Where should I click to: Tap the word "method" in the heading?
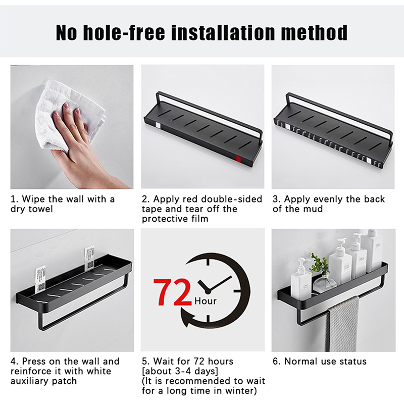[314, 32]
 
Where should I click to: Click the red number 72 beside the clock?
[172, 292]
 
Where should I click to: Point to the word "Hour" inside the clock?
[206, 301]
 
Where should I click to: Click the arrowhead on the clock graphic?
[187, 320]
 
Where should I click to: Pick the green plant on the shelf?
[319, 263]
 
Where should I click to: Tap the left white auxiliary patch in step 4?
[40, 279]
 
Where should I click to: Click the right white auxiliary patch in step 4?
[89, 258]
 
